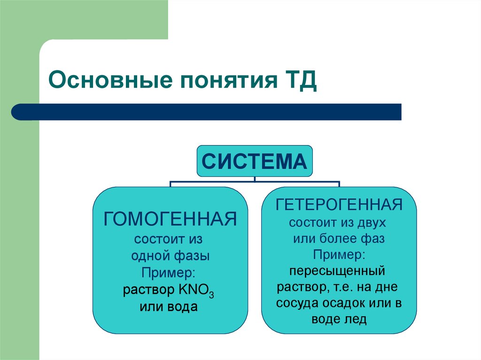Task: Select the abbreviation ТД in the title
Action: [x=299, y=80]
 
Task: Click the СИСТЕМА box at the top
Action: [x=254, y=161]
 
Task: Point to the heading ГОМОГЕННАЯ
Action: [x=170, y=219]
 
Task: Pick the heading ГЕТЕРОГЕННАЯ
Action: [x=339, y=204]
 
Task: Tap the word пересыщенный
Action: [x=337, y=271]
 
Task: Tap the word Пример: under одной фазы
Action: [x=170, y=273]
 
